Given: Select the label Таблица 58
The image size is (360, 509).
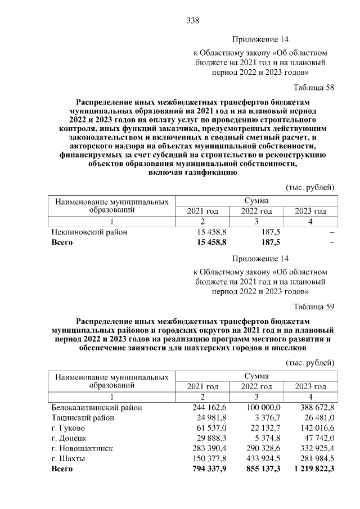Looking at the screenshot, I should point(314,88).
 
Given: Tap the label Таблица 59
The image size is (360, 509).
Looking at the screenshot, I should point(314,307).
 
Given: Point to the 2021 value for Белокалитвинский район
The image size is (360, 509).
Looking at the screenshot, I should point(209,407).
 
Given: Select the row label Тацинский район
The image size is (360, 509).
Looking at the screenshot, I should point(82,417).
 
